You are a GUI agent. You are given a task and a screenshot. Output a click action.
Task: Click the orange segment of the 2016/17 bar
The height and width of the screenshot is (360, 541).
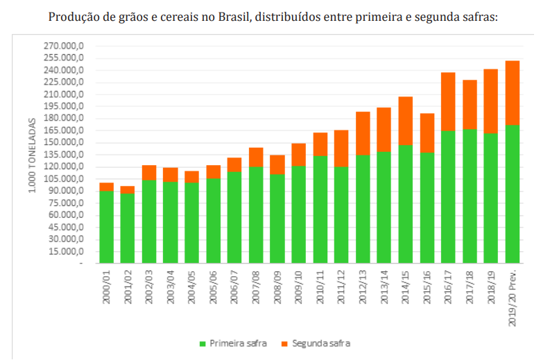(448, 101)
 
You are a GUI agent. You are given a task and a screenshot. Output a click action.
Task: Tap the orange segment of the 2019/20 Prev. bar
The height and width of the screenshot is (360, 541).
(513, 92)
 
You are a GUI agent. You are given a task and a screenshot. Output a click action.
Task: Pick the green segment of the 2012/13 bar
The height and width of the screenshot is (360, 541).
(363, 209)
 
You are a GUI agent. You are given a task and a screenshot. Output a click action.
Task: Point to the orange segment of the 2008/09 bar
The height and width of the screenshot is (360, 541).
(277, 164)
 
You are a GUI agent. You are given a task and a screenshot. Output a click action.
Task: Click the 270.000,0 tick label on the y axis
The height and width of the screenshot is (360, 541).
(63, 46)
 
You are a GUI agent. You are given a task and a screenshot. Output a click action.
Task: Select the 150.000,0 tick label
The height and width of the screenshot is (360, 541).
(63, 142)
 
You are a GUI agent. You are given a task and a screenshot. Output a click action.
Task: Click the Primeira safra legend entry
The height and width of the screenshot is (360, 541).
(238, 343)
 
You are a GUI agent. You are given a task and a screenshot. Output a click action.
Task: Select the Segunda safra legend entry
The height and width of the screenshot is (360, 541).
(321, 343)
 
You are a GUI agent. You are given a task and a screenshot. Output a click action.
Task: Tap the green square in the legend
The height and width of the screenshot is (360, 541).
(203, 343)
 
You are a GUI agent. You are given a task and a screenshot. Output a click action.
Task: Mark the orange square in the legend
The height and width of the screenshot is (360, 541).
(284, 343)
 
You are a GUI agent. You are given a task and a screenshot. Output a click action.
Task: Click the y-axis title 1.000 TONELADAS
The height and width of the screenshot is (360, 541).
(33, 154)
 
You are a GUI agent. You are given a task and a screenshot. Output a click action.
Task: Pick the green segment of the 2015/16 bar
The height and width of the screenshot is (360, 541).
(427, 207)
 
